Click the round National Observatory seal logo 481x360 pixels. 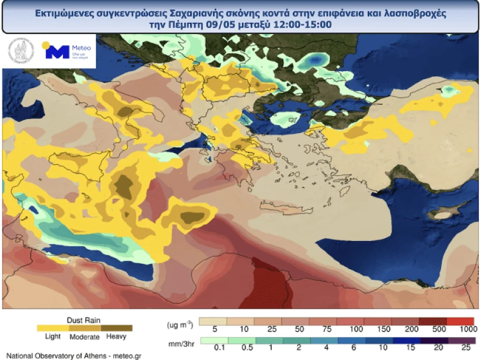(21, 52)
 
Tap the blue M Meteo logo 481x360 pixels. (57, 52)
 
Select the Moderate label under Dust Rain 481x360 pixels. (84, 337)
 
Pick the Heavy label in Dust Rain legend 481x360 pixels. (117, 336)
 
